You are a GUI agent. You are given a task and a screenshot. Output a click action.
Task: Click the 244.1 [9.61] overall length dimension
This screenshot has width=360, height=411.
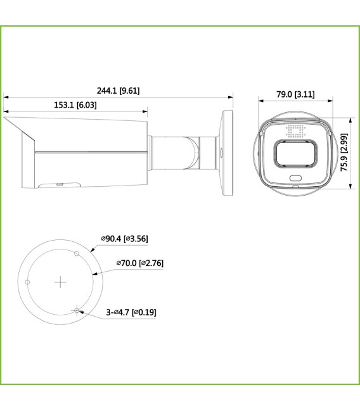(x=119, y=91)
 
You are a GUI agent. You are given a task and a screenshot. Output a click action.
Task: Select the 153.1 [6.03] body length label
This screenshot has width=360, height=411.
(x=75, y=105)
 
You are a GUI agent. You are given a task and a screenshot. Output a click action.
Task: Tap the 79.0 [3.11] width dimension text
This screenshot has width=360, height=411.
(x=295, y=94)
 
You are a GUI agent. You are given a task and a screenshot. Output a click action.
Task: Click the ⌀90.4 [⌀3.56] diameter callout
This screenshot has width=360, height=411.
(x=124, y=239)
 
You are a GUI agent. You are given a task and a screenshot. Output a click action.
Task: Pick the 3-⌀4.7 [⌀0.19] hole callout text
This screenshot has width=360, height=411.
(x=131, y=312)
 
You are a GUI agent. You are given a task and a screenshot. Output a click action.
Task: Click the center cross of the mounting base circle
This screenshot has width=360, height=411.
(x=60, y=281)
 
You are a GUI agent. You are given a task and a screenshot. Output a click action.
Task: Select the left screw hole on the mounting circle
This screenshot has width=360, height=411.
(x=27, y=281)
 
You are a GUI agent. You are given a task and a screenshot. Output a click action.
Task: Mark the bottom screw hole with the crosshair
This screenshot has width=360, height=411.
(x=77, y=310)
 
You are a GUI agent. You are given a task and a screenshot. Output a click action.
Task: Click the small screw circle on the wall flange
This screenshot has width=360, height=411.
(x=221, y=152)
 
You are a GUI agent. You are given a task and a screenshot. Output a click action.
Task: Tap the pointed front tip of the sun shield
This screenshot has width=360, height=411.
(x=4, y=117)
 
